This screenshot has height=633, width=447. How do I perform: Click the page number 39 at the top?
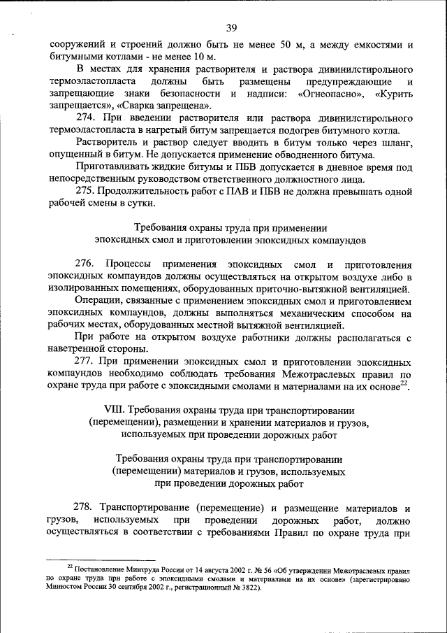232,28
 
